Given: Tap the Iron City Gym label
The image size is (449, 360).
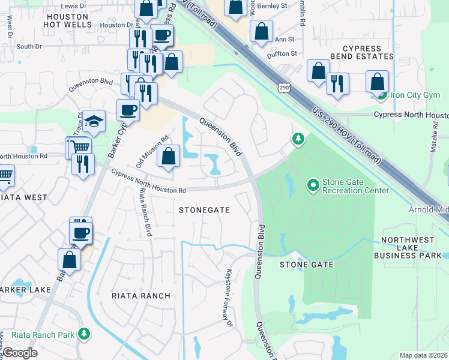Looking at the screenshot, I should coord(415,95).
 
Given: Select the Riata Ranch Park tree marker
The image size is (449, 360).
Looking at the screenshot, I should coord(85,334).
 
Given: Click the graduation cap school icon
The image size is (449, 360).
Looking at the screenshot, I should coord(94,122).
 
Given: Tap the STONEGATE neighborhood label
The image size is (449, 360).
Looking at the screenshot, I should coord(205,209).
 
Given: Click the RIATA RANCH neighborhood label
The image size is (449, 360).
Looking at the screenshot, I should coord(140,296).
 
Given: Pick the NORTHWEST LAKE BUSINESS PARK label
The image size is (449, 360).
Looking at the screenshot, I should coord(408,248).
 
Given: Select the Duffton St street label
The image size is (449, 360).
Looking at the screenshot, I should coord(282,53).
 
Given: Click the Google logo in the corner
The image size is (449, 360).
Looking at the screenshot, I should coord(20,353).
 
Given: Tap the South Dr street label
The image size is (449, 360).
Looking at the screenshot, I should coord(29,46).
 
